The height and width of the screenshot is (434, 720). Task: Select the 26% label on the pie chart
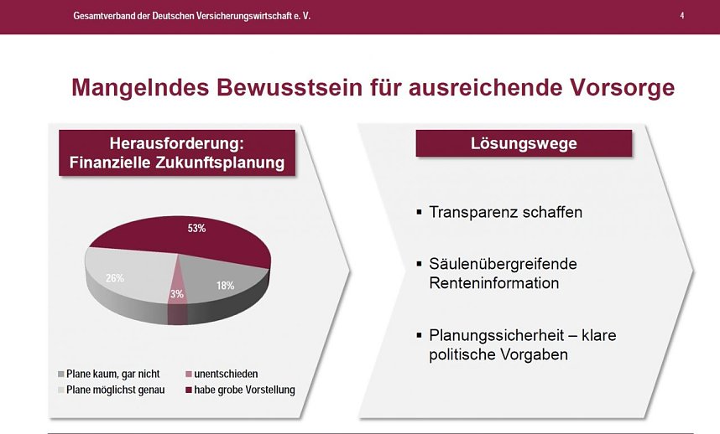(x=116, y=277)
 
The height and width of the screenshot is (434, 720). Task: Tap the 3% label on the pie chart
(x=176, y=294)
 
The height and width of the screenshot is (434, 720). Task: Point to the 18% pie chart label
(x=225, y=285)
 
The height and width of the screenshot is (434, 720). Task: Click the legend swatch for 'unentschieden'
(x=188, y=374)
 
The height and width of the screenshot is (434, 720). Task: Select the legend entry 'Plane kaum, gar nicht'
(x=112, y=374)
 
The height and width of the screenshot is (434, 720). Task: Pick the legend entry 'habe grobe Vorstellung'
(x=244, y=390)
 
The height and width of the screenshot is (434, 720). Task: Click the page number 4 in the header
(x=681, y=16)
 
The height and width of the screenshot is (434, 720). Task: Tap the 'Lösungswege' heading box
(x=524, y=143)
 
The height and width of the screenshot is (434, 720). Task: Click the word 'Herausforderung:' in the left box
(x=177, y=142)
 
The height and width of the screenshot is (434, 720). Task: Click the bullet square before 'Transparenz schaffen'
(x=420, y=212)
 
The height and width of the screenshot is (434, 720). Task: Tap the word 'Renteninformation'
(x=493, y=283)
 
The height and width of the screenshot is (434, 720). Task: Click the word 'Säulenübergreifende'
(x=503, y=264)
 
